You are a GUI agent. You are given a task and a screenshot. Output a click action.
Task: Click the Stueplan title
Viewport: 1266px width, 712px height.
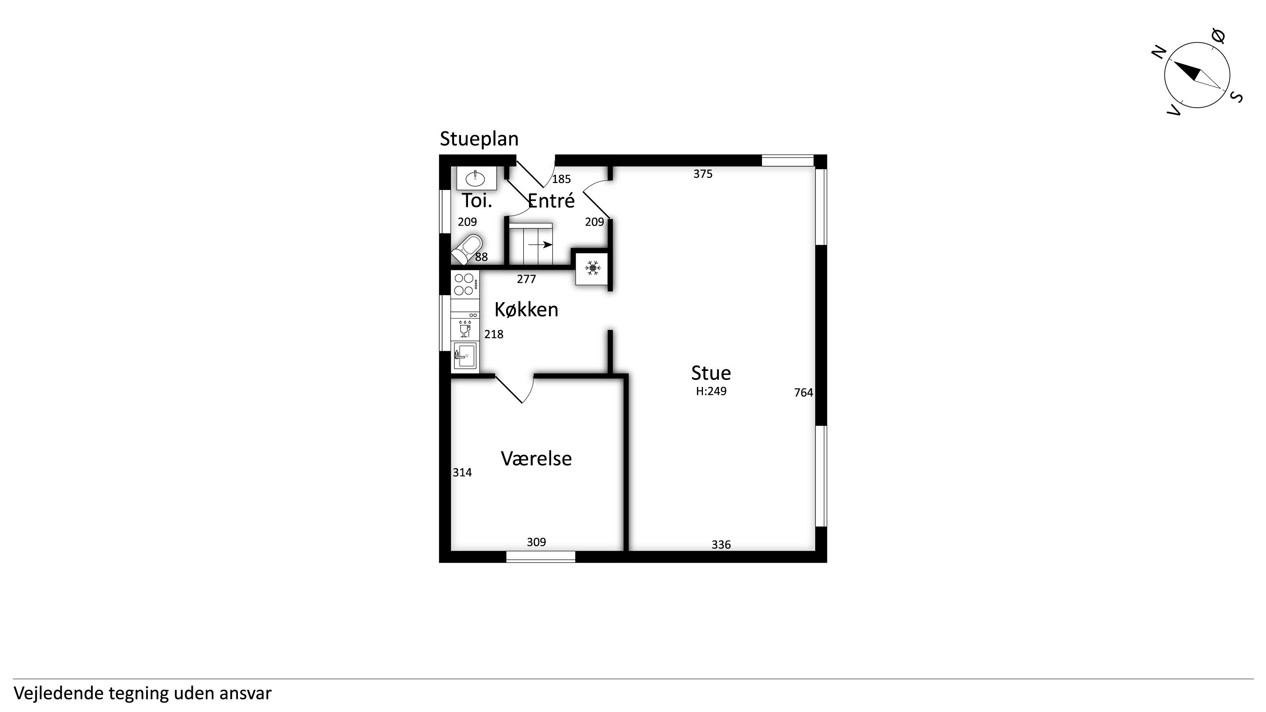point(479,139)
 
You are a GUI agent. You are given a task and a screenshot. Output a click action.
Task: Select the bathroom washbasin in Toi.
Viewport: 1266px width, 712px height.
point(476,177)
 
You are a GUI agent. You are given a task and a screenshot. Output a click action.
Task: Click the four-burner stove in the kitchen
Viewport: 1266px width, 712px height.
point(465,284)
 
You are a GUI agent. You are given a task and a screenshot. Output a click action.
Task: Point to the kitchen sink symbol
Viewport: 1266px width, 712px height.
point(465,355)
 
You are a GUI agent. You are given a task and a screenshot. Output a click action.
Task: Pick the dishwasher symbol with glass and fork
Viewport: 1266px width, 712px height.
point(465,329)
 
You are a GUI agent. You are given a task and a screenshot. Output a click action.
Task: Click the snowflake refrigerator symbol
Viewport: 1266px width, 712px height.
point(593,268)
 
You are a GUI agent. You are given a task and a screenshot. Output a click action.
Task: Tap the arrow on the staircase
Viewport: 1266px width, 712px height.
point(540,244)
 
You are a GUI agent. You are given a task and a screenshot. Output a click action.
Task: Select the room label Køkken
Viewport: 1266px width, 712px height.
point(527,310)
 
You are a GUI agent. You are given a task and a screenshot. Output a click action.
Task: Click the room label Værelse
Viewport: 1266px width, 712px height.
point(536,459)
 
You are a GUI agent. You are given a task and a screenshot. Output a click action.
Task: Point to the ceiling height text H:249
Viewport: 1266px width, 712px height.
point(711,391)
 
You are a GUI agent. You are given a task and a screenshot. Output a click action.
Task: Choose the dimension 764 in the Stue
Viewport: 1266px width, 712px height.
point(804,393)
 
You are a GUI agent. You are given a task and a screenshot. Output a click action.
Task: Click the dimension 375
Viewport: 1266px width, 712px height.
point(703,174)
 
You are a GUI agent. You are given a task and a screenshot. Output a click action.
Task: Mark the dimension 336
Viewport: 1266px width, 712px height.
point(721,545)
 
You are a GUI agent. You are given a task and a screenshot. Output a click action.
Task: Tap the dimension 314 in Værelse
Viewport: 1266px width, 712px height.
point(462,473)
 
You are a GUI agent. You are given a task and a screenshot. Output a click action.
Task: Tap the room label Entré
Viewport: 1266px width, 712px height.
point(551,201)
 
